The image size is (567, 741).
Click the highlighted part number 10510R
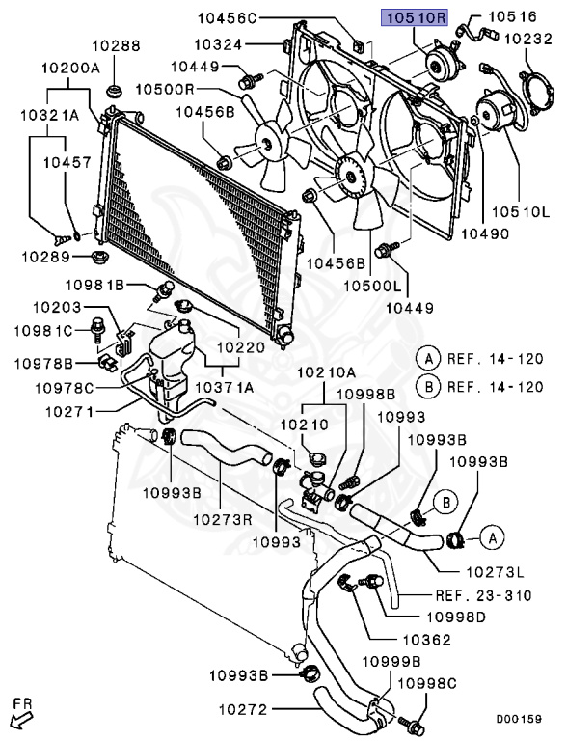click(418, 16)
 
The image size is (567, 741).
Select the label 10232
click(525, 40)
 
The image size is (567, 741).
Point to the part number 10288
click(117, 45)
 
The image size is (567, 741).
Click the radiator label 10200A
click(70, 69)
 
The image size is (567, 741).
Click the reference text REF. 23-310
click(484, 594)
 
